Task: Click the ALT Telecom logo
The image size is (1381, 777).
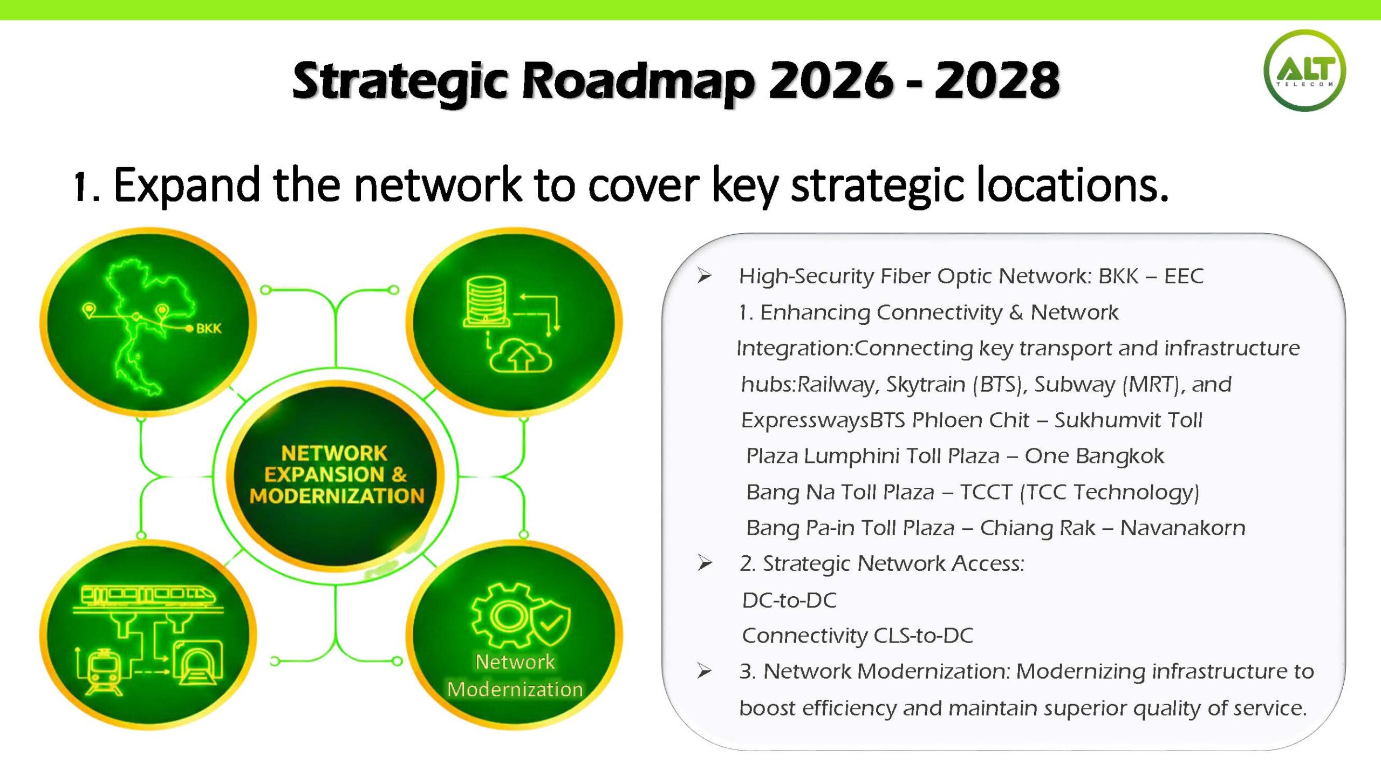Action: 1304,71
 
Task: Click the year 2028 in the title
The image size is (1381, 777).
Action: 997,80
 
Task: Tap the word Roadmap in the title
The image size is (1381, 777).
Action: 638,82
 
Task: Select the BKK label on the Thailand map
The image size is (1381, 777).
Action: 209,329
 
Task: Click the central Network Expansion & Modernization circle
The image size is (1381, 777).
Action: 336,475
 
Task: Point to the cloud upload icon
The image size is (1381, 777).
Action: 521,356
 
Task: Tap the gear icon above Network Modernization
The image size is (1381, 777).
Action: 507,615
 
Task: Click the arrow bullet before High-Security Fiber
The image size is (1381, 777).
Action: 704,276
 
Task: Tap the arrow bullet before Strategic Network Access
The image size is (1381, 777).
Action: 704,563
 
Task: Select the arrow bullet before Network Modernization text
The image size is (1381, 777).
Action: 704,671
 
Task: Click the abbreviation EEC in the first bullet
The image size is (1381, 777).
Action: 1184,276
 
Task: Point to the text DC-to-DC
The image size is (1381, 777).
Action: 789,600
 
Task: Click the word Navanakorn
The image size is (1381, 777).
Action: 1182,528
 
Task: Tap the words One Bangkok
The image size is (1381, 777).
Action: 1094,456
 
